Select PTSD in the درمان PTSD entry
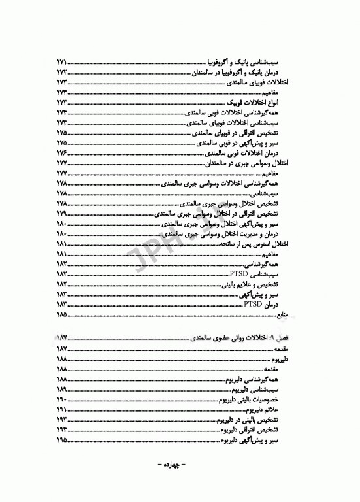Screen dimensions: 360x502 coord(252,304)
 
